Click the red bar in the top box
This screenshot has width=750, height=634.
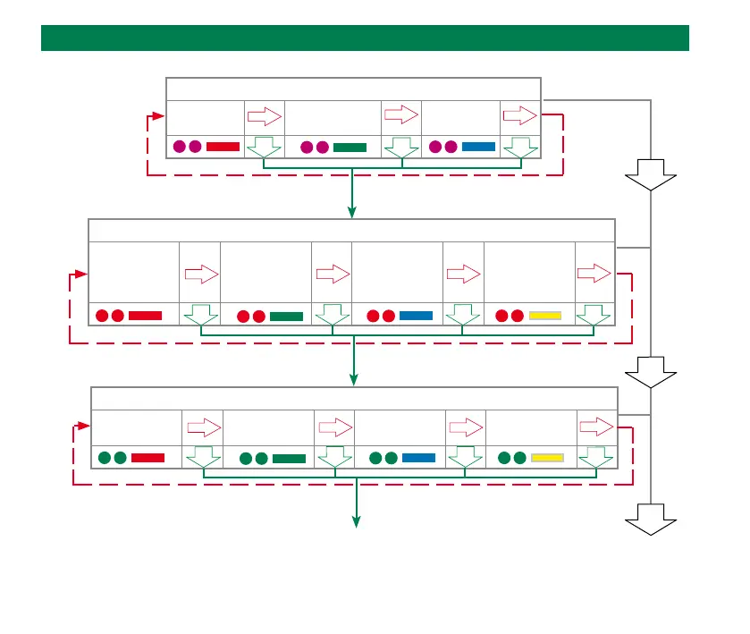point(223,147)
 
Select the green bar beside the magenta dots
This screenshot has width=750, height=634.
point(350,148)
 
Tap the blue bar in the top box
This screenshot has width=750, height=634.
point(478,147)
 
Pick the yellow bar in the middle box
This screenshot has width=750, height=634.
point(545,316)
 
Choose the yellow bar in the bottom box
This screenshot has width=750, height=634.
point(547,458)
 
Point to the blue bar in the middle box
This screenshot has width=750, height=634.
point(416,316)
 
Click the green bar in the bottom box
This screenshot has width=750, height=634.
point(289,459)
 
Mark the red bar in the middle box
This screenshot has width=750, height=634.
point(145,316)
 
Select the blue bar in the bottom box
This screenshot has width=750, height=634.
point(418,458)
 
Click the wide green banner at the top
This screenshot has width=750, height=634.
point(365,38)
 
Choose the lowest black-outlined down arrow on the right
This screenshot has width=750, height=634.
point(651,520)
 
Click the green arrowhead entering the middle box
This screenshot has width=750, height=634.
point(352,213)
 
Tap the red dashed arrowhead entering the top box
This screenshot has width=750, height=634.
point(160,116)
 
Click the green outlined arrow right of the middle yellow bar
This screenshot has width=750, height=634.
point(594,315)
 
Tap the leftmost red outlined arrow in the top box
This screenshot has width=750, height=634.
point(264,116)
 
